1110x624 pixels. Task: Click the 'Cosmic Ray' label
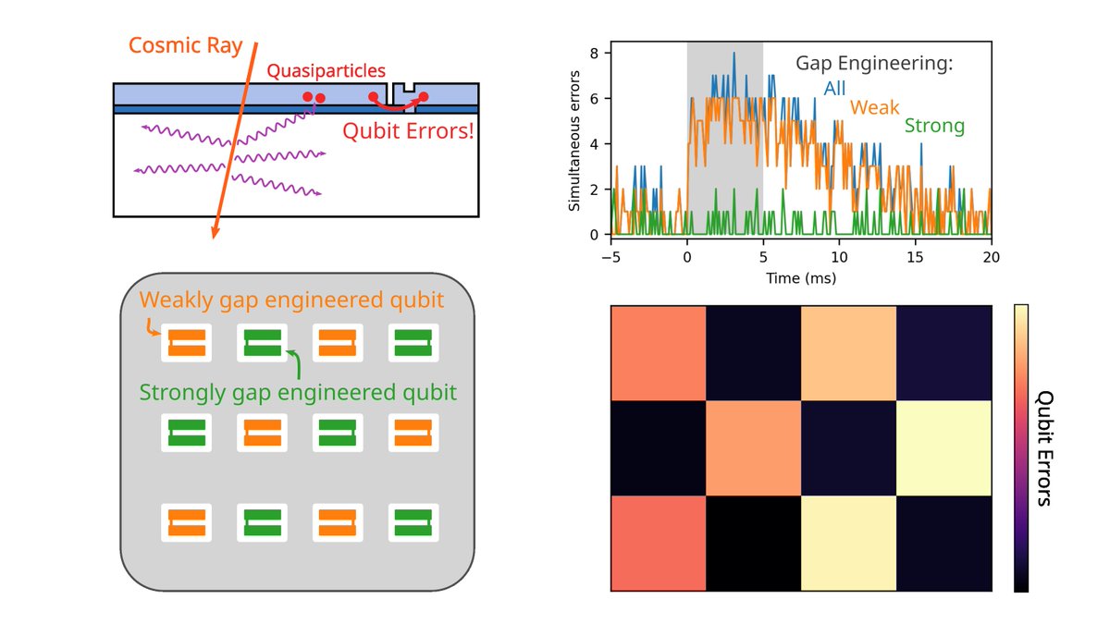click(181, 45)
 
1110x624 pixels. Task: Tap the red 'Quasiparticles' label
click(326, 70)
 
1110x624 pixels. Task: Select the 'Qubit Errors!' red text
click(408, 130)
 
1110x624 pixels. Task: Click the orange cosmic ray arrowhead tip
click(215, 237)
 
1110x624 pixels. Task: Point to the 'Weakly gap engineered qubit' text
click(291, 300)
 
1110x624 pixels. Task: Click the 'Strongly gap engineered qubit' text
click(298, 392)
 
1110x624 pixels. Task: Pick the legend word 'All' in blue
click(834, 89)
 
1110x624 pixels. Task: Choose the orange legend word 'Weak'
click(875, 107)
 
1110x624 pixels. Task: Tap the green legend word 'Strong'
click(934, 126)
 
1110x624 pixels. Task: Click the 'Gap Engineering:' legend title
click(874, 64)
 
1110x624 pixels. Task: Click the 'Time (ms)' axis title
click(800, 276)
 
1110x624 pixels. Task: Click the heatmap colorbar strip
click(1020, 447)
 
